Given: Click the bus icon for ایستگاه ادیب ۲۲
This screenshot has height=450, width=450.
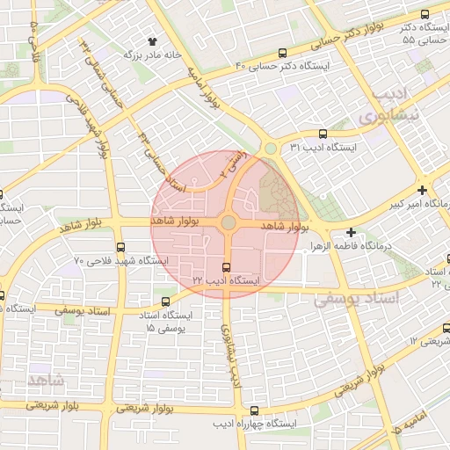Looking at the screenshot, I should (228, 266).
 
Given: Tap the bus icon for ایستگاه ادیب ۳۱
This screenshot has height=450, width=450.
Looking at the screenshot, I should (323, 134).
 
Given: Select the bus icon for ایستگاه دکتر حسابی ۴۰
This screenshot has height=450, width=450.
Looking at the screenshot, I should (282, 53).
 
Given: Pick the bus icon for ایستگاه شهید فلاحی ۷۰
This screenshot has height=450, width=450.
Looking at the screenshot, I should (120, 247).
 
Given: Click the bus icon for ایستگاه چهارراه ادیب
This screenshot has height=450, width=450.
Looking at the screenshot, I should (254, 410).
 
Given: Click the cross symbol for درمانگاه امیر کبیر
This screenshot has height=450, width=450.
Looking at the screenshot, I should (423, 190).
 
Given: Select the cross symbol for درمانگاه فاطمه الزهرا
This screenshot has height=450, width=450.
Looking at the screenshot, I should (352, 233).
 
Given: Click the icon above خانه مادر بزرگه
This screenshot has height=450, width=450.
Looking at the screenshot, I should (153, 40).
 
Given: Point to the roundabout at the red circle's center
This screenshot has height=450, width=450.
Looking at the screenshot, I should (228, 223).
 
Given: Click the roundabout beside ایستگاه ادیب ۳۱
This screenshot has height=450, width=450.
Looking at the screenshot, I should (270, 149).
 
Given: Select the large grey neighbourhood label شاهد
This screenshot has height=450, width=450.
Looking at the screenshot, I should (46, 381).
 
